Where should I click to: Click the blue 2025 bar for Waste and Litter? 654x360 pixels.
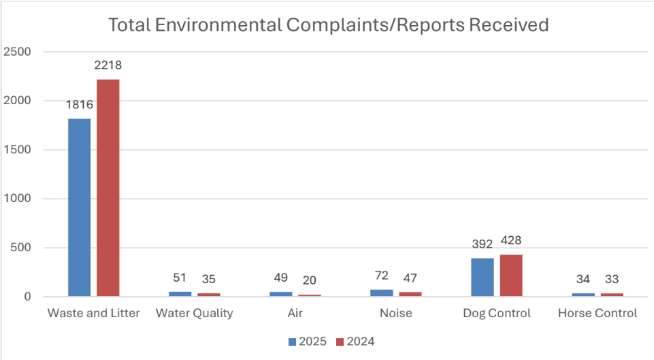(x=79, y=208)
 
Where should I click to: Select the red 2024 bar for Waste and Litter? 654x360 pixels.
(x=108, y=188)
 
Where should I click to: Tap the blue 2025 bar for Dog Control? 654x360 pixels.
(x=483, y=277)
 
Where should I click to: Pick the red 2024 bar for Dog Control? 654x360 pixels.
(x=510, y=276)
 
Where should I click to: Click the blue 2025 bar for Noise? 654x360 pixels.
(x=382, y=293)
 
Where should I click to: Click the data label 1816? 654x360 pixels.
(x=79, y=105)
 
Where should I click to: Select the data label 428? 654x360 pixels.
(x=510, y=240)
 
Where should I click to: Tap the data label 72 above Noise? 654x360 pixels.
(x=382, y=276)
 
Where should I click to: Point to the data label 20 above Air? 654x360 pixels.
(x=310, y=280)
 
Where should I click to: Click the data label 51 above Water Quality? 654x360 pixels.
(x=180, y=278)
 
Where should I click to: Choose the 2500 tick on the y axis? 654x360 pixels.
(x=17, y=52)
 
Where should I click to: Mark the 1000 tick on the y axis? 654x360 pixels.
(x=17, y=199)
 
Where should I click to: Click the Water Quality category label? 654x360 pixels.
(x=194, y=314)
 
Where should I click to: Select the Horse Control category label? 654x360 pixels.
(x=597, y=314)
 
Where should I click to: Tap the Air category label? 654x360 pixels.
(x=295, y=314)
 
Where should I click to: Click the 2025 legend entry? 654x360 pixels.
(x=306, y=341)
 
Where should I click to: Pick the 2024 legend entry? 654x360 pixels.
(x=355, y=341)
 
